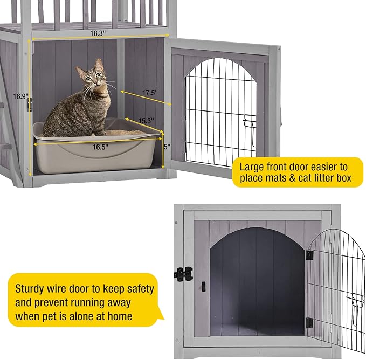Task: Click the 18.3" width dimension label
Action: [97, 33]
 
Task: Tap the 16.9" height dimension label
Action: [20, 96]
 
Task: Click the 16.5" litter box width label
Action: [100, 146]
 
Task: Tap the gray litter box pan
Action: [97, 154]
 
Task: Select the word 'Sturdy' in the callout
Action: [33, 289]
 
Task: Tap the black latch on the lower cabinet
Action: [183, 273]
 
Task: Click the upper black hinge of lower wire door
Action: [309, 255]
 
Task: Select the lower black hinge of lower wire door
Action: [308, 322]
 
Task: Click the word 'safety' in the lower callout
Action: [136, 289]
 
